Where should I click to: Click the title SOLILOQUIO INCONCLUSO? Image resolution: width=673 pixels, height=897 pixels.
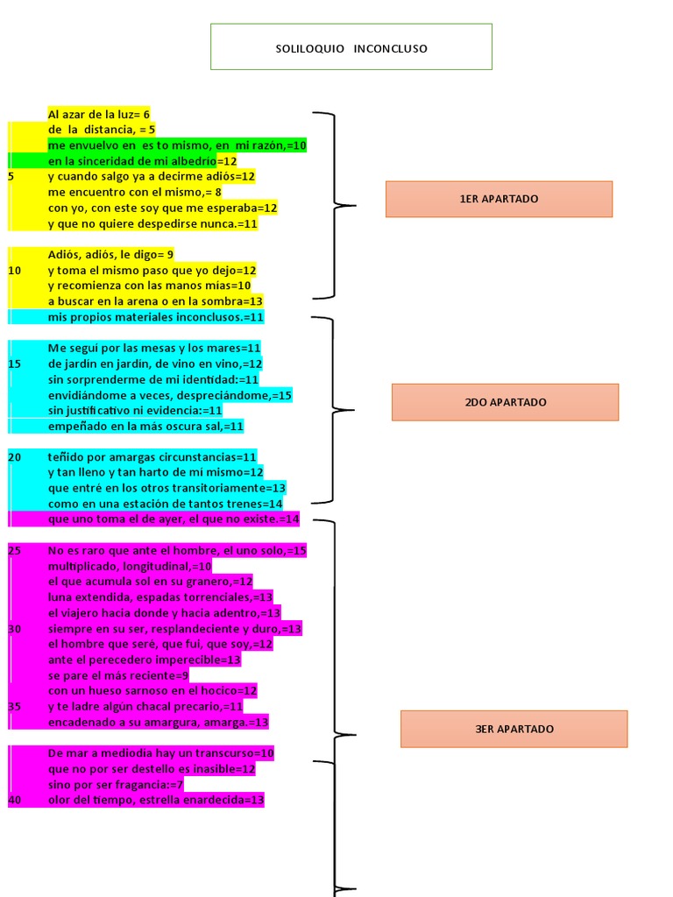point(351,49)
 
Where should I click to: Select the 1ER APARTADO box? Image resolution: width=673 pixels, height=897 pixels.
point(499,199)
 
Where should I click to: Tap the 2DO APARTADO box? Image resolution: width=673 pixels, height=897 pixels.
point(506,402)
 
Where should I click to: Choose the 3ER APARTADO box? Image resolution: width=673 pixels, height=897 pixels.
point(514,729)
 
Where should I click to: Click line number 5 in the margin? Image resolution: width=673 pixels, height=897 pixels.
point(11,176)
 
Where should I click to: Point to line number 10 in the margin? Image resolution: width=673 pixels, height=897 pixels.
point(14,270)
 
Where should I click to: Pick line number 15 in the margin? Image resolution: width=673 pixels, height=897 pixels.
point(14,364)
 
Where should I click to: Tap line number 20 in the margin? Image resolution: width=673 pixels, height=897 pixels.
point(14,457)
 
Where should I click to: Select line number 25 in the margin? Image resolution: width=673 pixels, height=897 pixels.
point(14,550)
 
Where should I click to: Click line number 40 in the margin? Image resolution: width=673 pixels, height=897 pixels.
point(14,800)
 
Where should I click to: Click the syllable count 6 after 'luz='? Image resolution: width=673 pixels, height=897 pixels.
point(146,115)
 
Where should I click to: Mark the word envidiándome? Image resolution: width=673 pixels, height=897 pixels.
point(87,395)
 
